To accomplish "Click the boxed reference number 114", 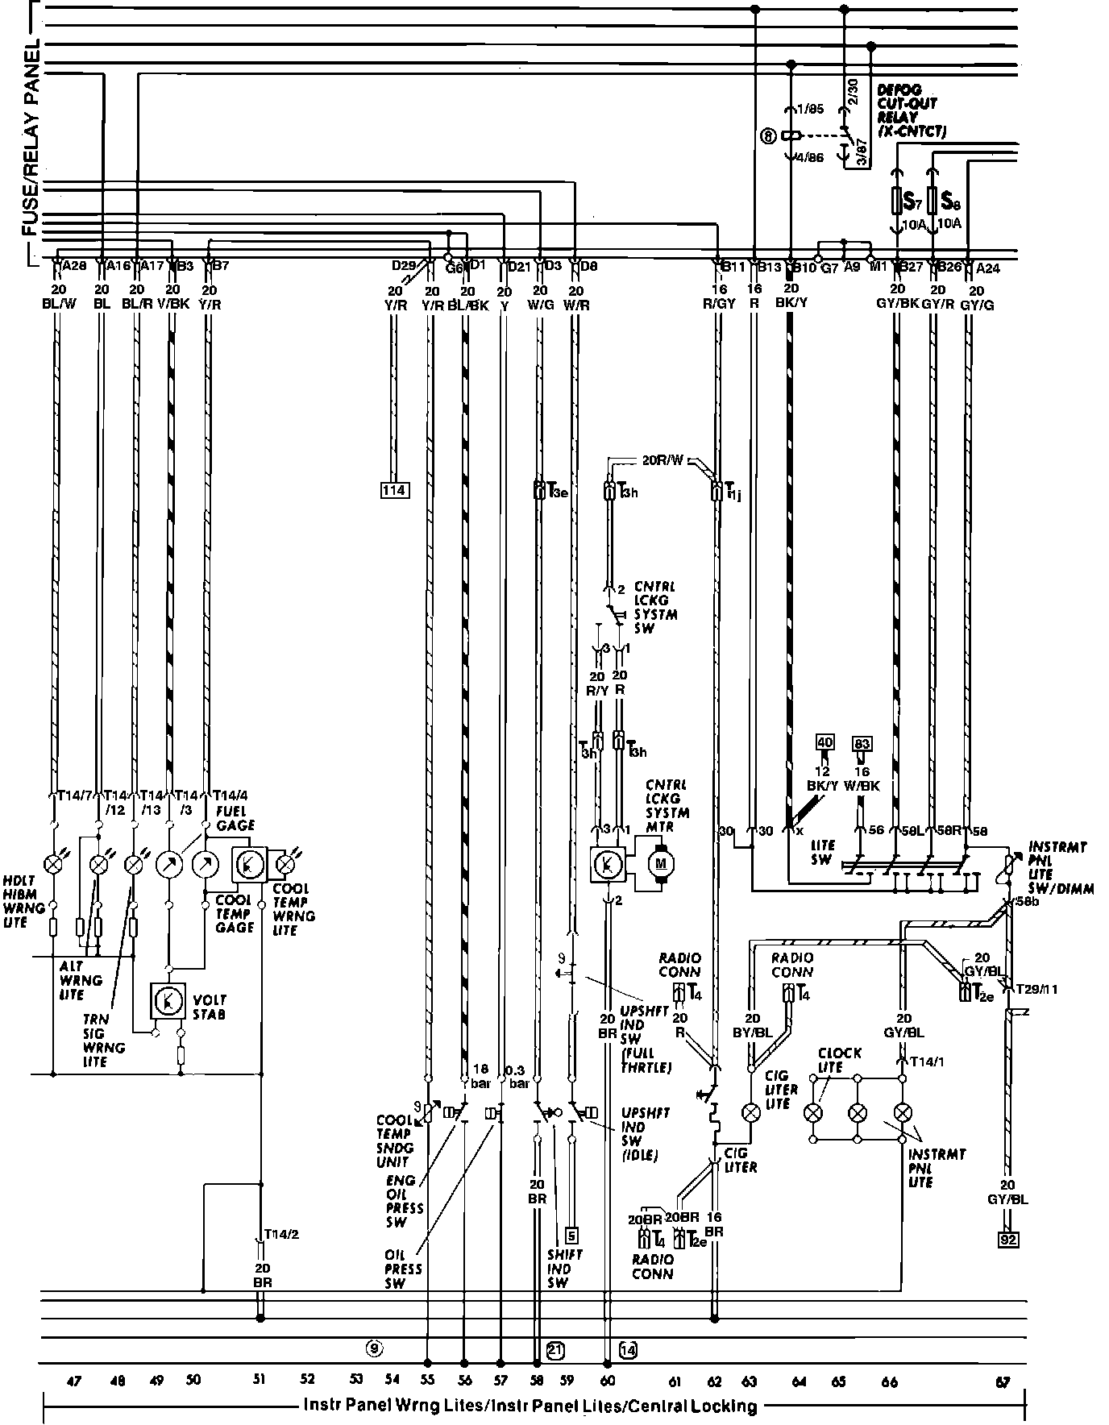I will click(395, 489).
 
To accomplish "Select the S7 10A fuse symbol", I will click(896, 200).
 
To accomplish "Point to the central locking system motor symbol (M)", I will click(662, 863).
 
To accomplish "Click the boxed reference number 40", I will click(824, 742).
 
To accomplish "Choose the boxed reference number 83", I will click(862, 742).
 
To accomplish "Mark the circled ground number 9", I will click(372, 1346).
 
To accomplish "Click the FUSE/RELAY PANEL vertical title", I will click(31, 137).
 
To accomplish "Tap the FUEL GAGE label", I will click(235, 817).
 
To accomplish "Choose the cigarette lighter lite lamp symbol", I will click(750, 1113).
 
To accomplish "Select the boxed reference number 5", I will click(571, 1234).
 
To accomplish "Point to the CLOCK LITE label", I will click(839, 1060).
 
